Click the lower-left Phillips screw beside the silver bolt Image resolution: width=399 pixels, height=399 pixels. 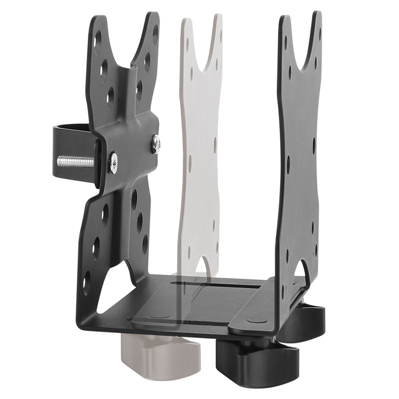point(114,163)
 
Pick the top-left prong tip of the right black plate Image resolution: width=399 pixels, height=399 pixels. point(284,20)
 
